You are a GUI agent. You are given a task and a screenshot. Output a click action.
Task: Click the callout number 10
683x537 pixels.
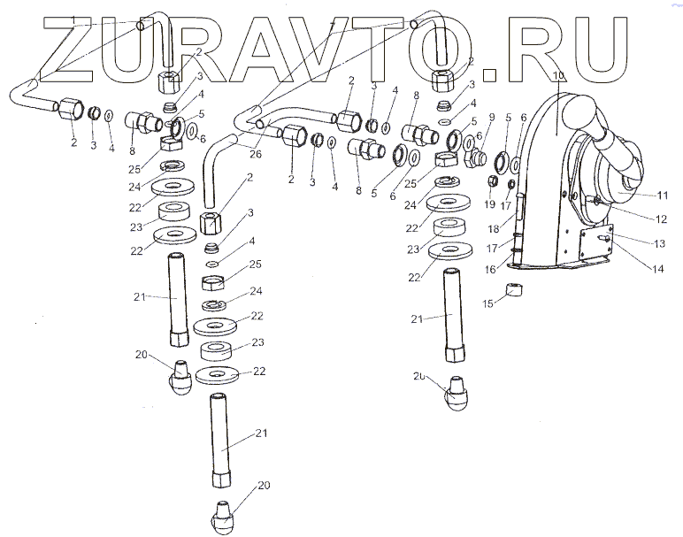558,76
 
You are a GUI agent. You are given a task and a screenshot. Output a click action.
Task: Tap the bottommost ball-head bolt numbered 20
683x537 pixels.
223,514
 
